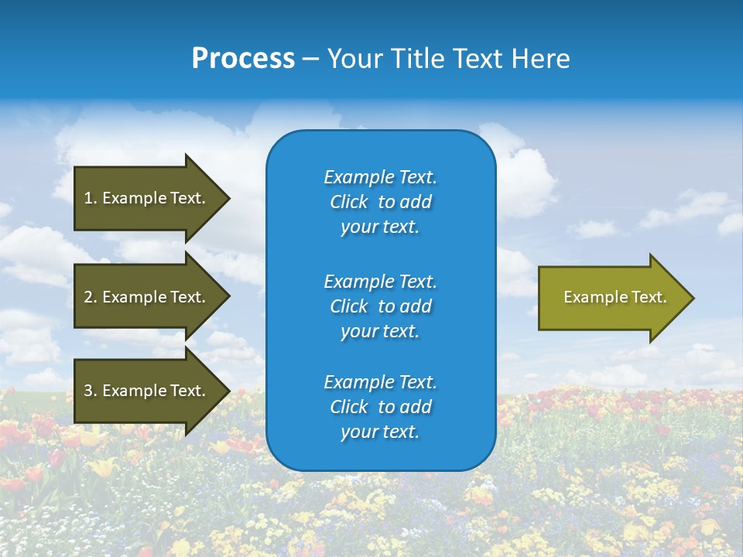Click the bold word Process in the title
pyautogui.click(x=243, y=59)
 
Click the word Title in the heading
pyautogui.click(x=418, y=59)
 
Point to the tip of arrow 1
pyautogui.click(x=228, y=198)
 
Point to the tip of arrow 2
pyautogui.click(x=228, y=297)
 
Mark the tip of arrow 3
pyautogui.click(x=228, y=391)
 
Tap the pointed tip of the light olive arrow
pyautogui.click(x=693, y=297)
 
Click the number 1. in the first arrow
pyautogui.click(x=91, y=198)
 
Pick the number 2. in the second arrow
pyautogui.click(x=91, y=297)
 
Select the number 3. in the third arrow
pyautogui.click(x=91, y=391)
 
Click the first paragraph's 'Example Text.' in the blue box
pyautogui.click(x=380, y=177)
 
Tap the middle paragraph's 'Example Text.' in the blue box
pyautogui.click(x=380, y=281)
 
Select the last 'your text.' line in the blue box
pyautogui.click(x=380, y=432)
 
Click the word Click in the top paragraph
pyautogui.click(x=348, y=202)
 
